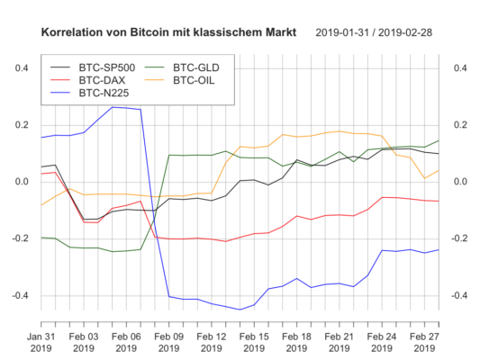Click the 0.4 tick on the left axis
click(23, 68)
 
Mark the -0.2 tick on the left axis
click(22, 238)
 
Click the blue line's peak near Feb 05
click(113, 107)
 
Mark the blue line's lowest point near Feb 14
click(240, 310)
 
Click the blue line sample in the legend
click(62, 91)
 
